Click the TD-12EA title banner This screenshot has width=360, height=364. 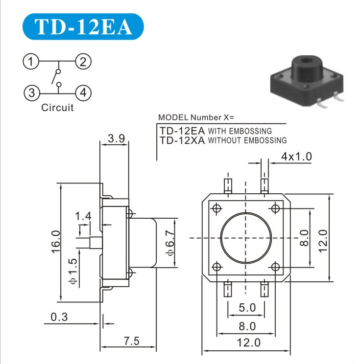tap(83, 26)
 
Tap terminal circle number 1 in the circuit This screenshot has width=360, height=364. tap(31, 62)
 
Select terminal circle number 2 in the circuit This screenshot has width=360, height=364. tap(83, 62)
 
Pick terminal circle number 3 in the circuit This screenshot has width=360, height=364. tap(32, 93)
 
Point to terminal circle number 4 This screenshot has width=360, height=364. tap(83, 93)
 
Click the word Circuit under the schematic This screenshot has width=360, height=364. tap(57, 108)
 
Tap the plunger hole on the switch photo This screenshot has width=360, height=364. tap(307, 62)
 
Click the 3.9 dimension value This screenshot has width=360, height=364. tap(116, 138)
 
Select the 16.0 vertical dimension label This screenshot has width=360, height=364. tap(56, 241)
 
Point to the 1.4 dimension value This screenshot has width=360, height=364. tap(83, 216)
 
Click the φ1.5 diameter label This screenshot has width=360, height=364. tap(73, 271)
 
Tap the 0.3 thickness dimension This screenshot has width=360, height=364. tap(59, 317)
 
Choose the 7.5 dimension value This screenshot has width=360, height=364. tap(132, 341)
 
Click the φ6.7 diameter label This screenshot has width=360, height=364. tap(170, 243)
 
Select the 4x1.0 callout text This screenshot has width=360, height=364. tap(296, 157)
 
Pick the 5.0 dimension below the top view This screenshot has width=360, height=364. tap(247, 308)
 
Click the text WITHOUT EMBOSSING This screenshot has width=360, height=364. tap(247, 140)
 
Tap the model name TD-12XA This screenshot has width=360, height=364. tap(182, 140)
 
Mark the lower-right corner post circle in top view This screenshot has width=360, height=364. tap(275, 267)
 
